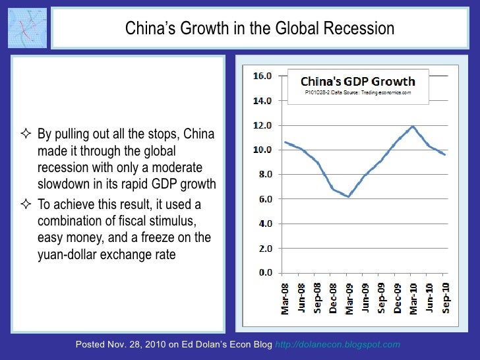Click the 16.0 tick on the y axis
(x=264, y=76)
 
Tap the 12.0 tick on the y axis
(x=264, y=125)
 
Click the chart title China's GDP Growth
(x=358, y=82)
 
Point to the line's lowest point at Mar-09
(x=349, y=196)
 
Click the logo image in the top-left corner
(x=27, y=29)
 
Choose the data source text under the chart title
(x=358, y=93)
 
